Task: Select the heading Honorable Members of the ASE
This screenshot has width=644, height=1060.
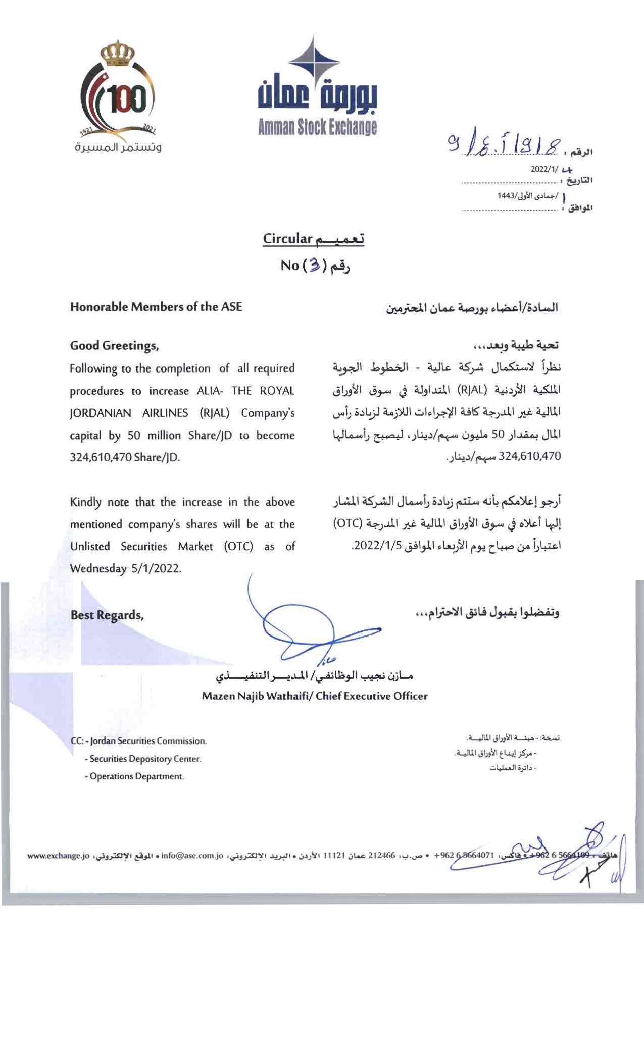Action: [156, 307]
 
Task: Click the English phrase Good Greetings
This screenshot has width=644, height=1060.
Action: [115, 346]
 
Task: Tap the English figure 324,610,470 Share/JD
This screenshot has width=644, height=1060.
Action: [124, 458]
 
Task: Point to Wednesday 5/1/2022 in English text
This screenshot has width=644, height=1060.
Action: [125, 568]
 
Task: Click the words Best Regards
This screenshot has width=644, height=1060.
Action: [107, 615]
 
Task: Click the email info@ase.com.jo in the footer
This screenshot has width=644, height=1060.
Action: [192, 856]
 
